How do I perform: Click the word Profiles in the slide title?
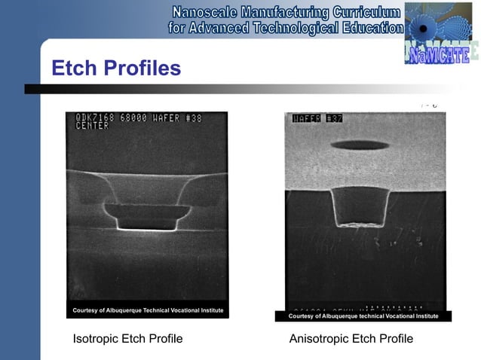pyautogui.click(x=143, y=69)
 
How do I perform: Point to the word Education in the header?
pyautogui.click(x=363, y=29)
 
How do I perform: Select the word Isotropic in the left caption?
pyautogui.click(x=97, y=339)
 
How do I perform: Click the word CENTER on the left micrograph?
pyautogui.click(x=92, y=126)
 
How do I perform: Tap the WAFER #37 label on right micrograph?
pyautogui.click(x=317, y=118)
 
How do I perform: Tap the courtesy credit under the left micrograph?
pyautogui.click(x=147, y=310)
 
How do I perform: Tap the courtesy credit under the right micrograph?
pyautogui.click(x=363, y=316)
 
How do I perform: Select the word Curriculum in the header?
pyautogui.click(x=366, y=13)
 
